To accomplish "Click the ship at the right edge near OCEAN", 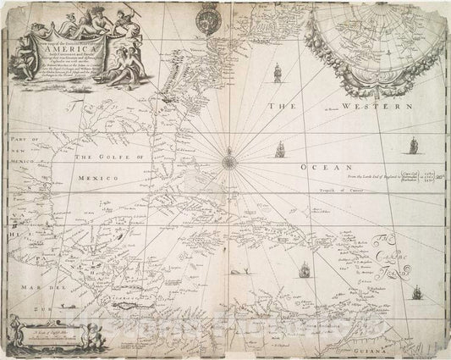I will tap(415, 146).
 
